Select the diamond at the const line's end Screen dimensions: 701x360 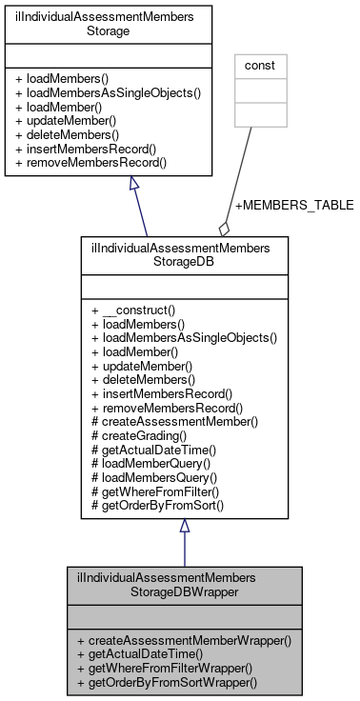(225, 229)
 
